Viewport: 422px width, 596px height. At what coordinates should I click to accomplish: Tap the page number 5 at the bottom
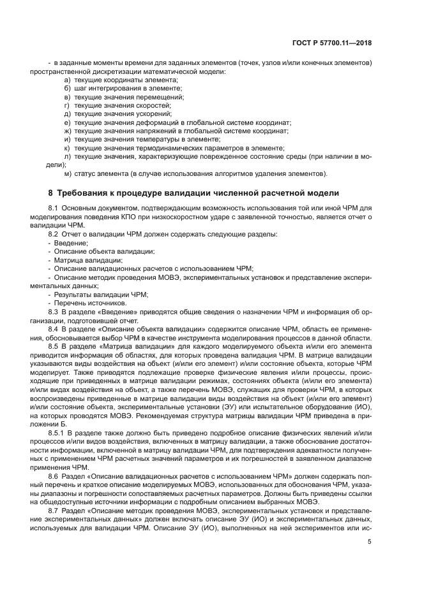click(369, 542)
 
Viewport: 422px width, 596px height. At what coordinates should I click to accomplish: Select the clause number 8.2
click(54, 235)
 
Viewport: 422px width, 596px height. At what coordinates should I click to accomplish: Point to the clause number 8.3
click(54, 311)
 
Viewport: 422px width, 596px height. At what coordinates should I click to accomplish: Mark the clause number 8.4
click(54, 328)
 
